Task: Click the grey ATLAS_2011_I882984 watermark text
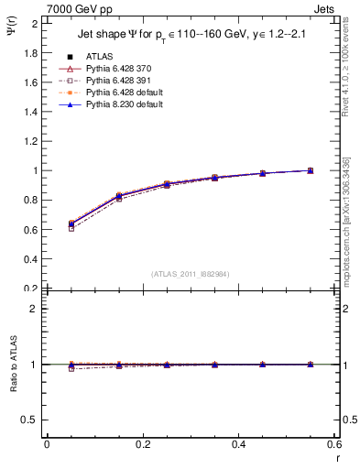point(191,274)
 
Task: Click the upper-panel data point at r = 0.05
point(71,224)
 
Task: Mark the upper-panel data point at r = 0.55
point(311,170)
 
